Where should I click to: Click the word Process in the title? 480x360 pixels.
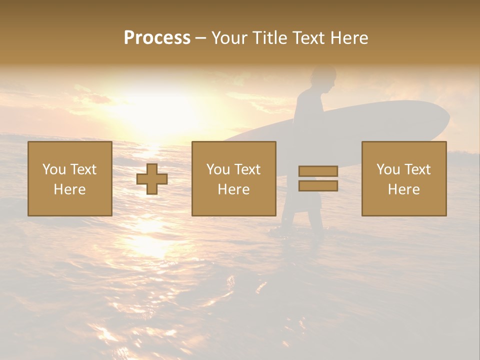157,38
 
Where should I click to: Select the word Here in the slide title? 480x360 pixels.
348,38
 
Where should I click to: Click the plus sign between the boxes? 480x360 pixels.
152,179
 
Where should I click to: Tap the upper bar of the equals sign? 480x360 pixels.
318,171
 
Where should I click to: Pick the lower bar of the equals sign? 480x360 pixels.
318,185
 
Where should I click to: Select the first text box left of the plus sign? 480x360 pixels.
70,179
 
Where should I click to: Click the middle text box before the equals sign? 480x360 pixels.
233,179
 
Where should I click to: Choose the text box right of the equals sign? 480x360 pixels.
404,179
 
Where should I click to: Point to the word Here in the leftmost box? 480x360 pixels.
70,189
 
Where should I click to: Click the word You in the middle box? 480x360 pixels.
217,169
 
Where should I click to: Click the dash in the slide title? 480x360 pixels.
201,38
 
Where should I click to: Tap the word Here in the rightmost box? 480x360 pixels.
404,189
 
